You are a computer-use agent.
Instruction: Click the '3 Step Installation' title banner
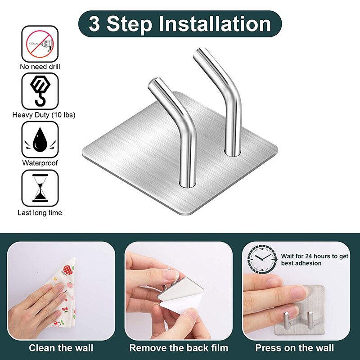[x=180, y=24]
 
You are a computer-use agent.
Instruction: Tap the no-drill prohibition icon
[x=40, y=44]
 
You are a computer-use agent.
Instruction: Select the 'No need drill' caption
[x=40, y=67]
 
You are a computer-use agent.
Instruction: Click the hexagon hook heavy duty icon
[x=40, y=91]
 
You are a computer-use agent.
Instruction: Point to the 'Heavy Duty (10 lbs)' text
[x=44, y=115]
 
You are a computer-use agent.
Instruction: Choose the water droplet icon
[x=40, y=139]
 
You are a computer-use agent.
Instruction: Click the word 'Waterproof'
[x=40, y=163]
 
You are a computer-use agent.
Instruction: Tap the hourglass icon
[x=40, y=188]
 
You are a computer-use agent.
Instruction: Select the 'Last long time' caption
[x=40, y=212]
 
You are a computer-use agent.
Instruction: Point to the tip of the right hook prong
[x=201, y=53]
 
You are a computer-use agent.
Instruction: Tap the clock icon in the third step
[x=262, y=260]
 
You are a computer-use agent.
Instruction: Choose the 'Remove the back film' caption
[x=179, y=348]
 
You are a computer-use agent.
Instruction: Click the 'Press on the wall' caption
[x=295, y=348]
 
